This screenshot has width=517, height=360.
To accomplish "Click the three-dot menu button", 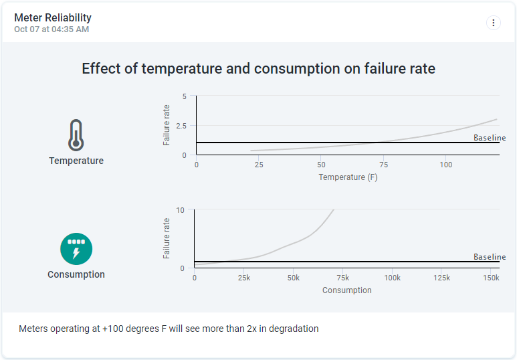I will tap(494, 23).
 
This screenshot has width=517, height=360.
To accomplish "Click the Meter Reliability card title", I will tap(53, 18).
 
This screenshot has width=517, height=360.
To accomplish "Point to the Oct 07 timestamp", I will tap(51, 29).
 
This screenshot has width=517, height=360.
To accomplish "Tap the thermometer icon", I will tap(76, 134).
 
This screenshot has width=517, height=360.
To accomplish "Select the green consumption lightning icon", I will tap(76, 249).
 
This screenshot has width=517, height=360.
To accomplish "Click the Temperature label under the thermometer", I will tap(76, 161).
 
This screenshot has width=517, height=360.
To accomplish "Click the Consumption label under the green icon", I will tap(76, 274).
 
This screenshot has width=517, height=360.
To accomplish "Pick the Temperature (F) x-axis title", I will tap(348, 177).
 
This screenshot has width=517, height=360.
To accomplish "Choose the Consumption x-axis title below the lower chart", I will tap(346, 290).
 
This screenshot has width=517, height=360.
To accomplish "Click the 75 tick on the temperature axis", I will tap(384, 165).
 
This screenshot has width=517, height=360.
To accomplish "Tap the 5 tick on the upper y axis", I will tap(185, 96).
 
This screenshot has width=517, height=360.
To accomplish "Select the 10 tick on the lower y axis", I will tap(180, 210).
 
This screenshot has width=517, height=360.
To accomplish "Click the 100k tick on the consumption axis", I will tap(392, 278).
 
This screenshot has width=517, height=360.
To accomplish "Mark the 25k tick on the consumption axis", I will tap(243, 278).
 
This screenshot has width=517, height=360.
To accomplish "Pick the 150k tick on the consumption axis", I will tap(491, 278).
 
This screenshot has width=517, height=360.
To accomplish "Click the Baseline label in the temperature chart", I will tap(490, 138).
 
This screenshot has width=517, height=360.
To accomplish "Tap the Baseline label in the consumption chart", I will tap(490, 257).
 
